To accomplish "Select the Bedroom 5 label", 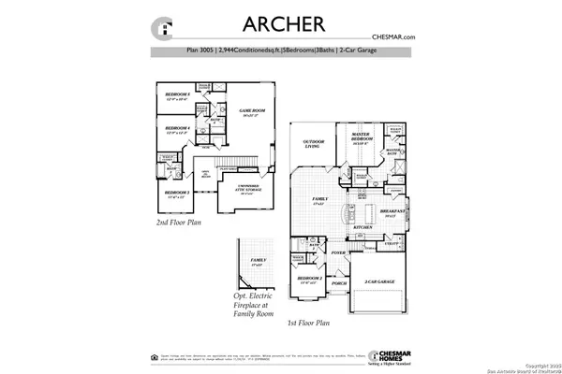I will click(x=178, y=96).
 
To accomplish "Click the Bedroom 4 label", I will click(x=178, y=130).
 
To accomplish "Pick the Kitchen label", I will click(x=363, y=226).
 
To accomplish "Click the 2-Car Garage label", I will click(x=380, y=280).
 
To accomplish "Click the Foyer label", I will click(x=338, y=252).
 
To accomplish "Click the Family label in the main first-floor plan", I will click(x=319, y=201).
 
